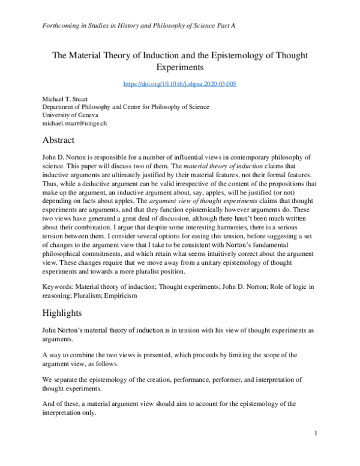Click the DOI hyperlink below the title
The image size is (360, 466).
(x=180, y=83)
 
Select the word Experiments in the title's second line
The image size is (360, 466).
(x=180, y=68)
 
